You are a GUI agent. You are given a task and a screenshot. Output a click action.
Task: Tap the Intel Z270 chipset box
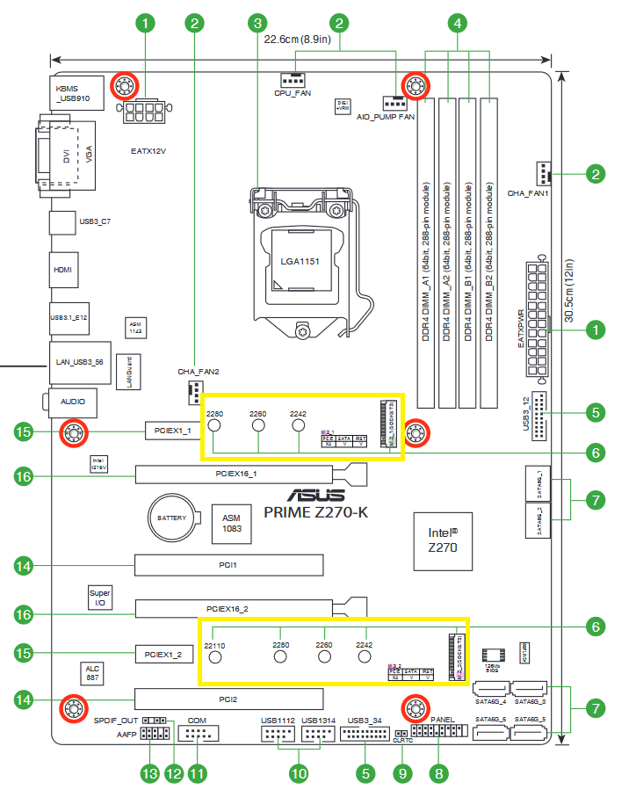pos(442,539)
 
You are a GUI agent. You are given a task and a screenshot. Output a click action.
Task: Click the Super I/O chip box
pos(99,598)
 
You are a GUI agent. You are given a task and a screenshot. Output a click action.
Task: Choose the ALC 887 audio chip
pos(92,674)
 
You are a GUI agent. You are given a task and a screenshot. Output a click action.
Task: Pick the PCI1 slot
pos(228,566)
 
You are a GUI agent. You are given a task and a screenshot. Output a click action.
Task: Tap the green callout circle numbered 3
pos(257,23)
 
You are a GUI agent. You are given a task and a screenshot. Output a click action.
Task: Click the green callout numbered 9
pos(403,773)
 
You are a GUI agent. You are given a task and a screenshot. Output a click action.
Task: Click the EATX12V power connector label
pos(148,151)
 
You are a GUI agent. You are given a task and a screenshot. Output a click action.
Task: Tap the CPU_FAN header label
pos(293,92)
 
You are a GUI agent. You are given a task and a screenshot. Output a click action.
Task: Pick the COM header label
pos(198,719)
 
